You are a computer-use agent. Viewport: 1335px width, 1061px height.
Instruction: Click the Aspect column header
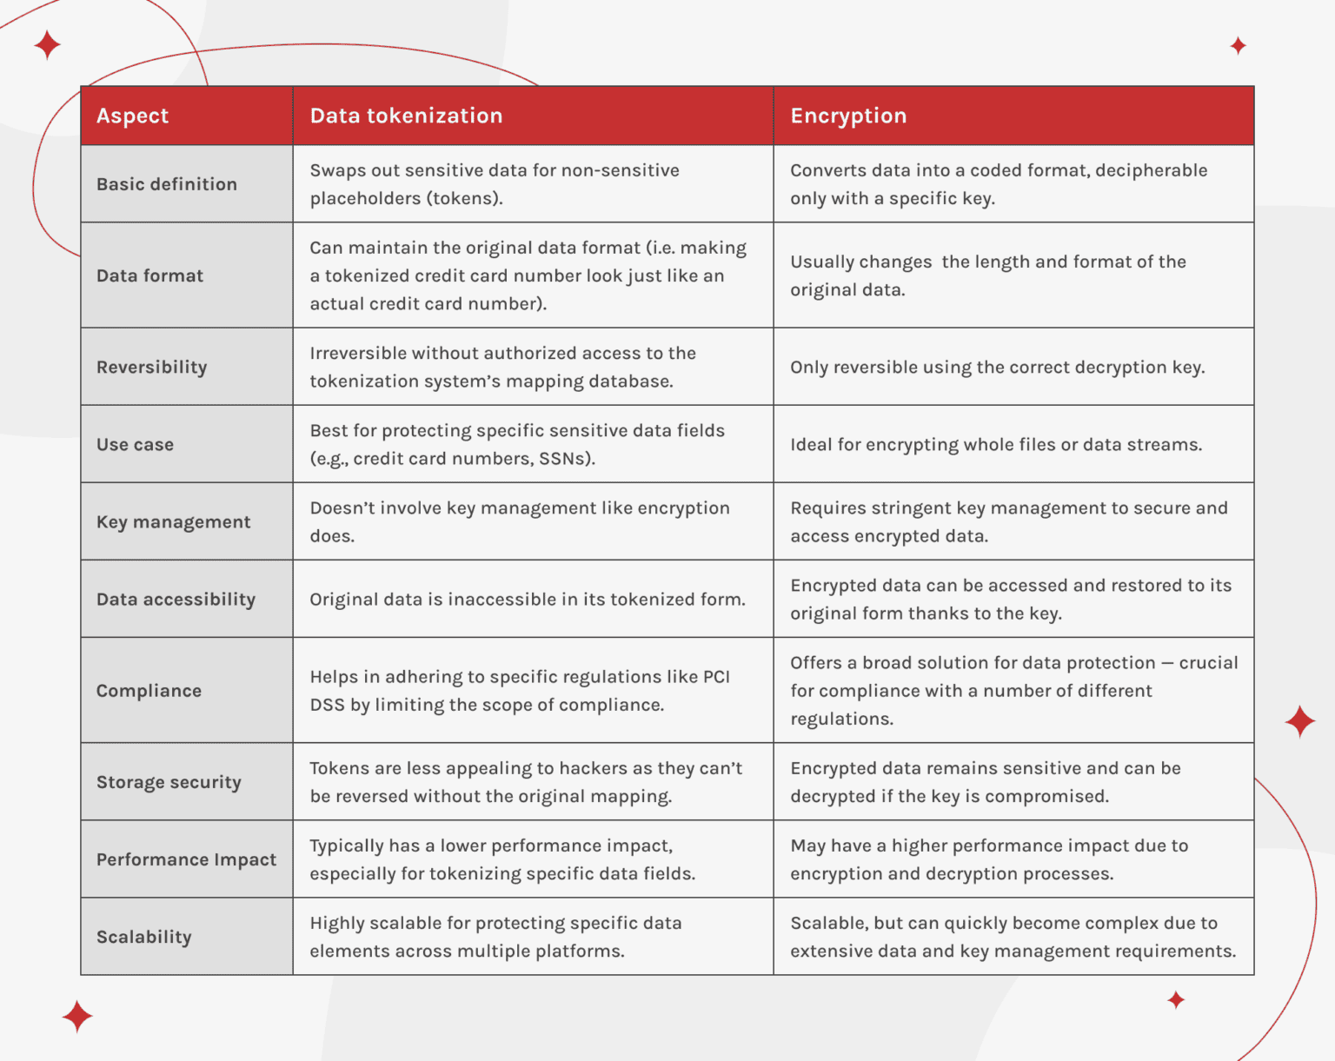[x=132, y=116]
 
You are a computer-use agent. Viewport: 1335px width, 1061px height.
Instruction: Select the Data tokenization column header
[x=406, y=116]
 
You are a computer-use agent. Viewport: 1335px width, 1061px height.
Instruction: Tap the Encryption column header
[x=848, y=116]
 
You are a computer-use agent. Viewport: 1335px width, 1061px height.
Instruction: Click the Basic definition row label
[x=167, y=184]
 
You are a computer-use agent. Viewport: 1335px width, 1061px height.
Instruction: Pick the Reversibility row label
[x=152, y=367]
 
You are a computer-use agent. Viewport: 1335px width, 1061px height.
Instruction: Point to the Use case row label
[x=136, y=444]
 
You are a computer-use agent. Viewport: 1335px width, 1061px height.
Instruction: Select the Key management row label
[x=174, y=521]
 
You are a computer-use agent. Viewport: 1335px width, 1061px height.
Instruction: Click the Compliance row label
[x=149, y=691]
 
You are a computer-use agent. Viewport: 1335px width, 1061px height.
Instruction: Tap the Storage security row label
[x=169, y=782]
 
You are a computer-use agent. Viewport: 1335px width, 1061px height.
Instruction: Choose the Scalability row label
[x=144, y=937]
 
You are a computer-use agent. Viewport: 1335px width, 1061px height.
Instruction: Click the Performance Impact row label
[x=187, y=859]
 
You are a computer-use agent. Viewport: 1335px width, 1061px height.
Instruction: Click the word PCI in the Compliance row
[x=716, y=677]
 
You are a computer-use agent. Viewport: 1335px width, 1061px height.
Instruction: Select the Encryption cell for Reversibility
[x=997, y=367]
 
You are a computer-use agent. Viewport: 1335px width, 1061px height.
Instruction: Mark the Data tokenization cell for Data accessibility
[x=528, y=600]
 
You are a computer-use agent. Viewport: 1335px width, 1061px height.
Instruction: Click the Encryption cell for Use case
[x=996, y=444]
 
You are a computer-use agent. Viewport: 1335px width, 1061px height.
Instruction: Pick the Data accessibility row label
[x=176, y=600]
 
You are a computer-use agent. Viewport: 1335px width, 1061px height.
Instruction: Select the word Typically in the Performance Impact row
[x=347, y=845]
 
